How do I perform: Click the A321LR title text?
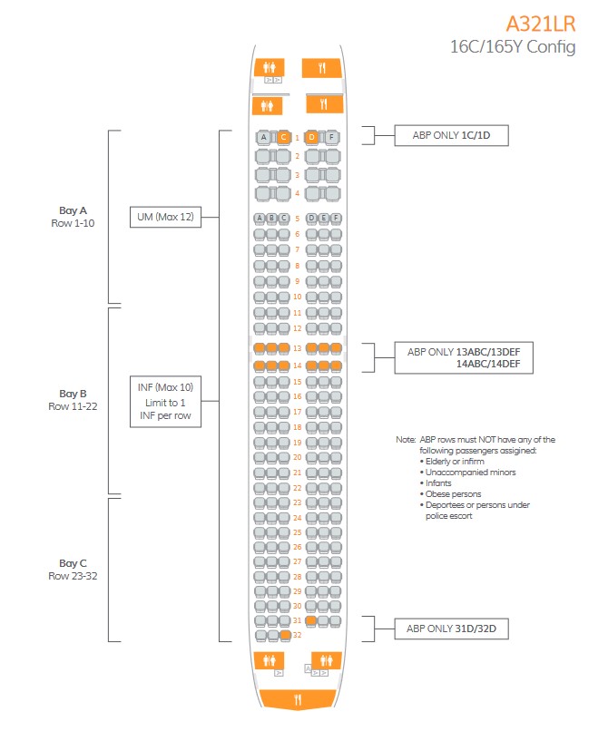point(541,24)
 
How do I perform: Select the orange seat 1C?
point(283,137)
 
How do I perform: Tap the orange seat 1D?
point(311,137)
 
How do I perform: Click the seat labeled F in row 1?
point(331,137)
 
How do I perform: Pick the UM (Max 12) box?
point(165,217)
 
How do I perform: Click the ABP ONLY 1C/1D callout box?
point(451,135)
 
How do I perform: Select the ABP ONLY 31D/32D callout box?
point(451,629)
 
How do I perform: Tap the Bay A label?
point(73,210)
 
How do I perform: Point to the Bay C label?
point(73,563)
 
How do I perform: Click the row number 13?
point(298,348)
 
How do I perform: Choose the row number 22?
point(298,488)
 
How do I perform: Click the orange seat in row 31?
point(311,620)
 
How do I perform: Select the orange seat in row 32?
point(286,635)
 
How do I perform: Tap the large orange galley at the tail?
point(298,699)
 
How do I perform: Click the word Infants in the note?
point(438,483)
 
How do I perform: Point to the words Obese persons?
point(453,493)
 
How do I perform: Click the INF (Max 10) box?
point(165,402)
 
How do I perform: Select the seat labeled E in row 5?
point(323,219)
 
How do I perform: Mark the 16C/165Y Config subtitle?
point(513,47)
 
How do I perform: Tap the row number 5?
point(298,219)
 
